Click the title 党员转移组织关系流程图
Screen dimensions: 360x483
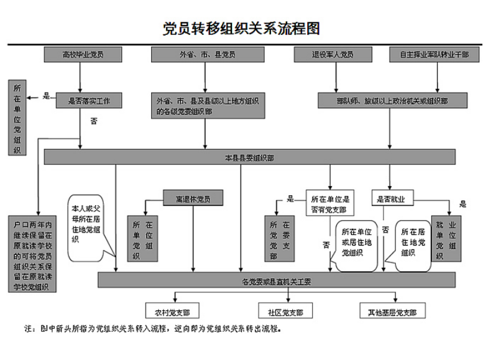click(x=241, y=29)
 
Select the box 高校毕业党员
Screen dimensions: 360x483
click(x=83, y=55)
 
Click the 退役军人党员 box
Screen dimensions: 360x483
click(x=333, y=55)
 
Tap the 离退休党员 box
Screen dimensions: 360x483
click(x=193, y=199)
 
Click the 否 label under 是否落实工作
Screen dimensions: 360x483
click(x=94, y=121)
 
